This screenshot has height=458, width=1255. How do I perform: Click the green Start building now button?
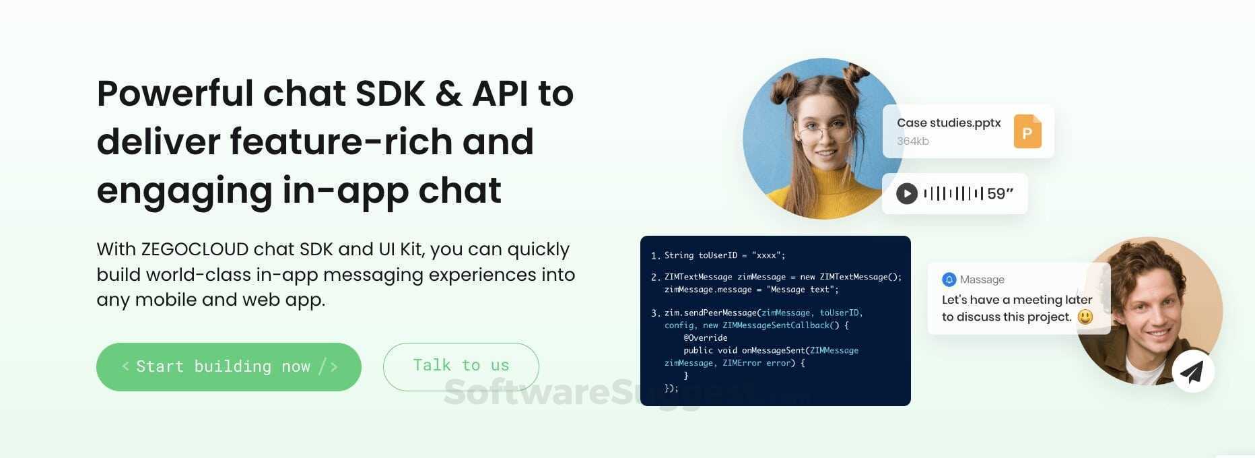228,366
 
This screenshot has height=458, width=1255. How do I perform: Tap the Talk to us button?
461,366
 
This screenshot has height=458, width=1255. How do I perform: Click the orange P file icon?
1027,131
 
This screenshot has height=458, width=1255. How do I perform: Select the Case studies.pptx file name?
948,123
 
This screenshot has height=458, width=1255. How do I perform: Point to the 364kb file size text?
912,141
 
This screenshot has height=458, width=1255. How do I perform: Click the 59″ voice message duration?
1000,194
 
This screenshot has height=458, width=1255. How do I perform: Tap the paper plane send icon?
1192,371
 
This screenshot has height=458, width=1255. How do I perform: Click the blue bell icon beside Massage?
949,280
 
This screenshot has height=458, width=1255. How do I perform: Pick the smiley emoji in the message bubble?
1085,317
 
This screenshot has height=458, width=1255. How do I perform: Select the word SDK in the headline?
391,94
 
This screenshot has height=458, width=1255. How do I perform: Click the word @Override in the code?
705,337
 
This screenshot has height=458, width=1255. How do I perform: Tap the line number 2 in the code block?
655,277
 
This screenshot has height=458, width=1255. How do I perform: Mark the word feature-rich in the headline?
382,142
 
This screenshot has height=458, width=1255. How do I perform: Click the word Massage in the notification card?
982,280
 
